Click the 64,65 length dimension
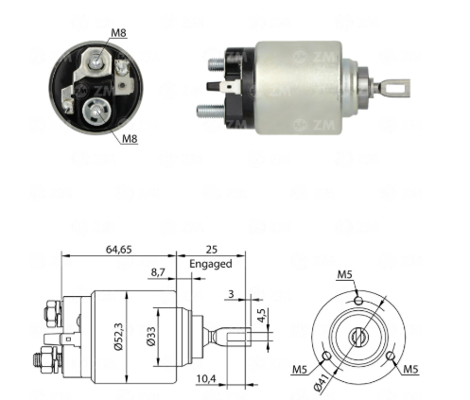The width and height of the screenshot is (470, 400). [x=118, y=250]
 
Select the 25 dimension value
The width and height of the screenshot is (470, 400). [x=212, y=250]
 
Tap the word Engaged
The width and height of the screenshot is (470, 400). [x=211, y=264]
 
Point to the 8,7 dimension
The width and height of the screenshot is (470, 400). [x=158, y=272]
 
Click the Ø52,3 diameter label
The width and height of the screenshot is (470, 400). [x=118, y=337]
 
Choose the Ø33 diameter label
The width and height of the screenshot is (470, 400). [x=151, y=336]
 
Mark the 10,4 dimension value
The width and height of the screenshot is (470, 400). [x=206, y=378]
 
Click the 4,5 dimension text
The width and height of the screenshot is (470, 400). [x=262, y=315]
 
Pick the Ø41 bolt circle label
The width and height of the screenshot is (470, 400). [x=322, y=381]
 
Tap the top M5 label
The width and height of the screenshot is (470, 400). [x=344, y=274]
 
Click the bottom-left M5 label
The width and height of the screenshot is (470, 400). [x=300, y=369]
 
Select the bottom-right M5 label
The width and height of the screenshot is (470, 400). [x=410, y=369]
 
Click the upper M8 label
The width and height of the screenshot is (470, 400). [x=118, y=32]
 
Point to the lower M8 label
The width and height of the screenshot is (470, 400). [x=130, y=138]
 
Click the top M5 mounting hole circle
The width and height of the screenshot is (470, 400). [x=357, y=300]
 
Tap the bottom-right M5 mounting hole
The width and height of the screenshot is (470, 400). [x=391, y=357]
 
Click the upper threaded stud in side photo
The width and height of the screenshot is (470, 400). [x=217, y=64]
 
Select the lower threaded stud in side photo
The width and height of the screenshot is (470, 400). [x=210, y=111]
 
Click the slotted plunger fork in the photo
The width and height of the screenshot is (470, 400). [x=394, y=87]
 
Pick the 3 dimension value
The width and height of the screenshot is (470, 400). [x=231, y=294]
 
